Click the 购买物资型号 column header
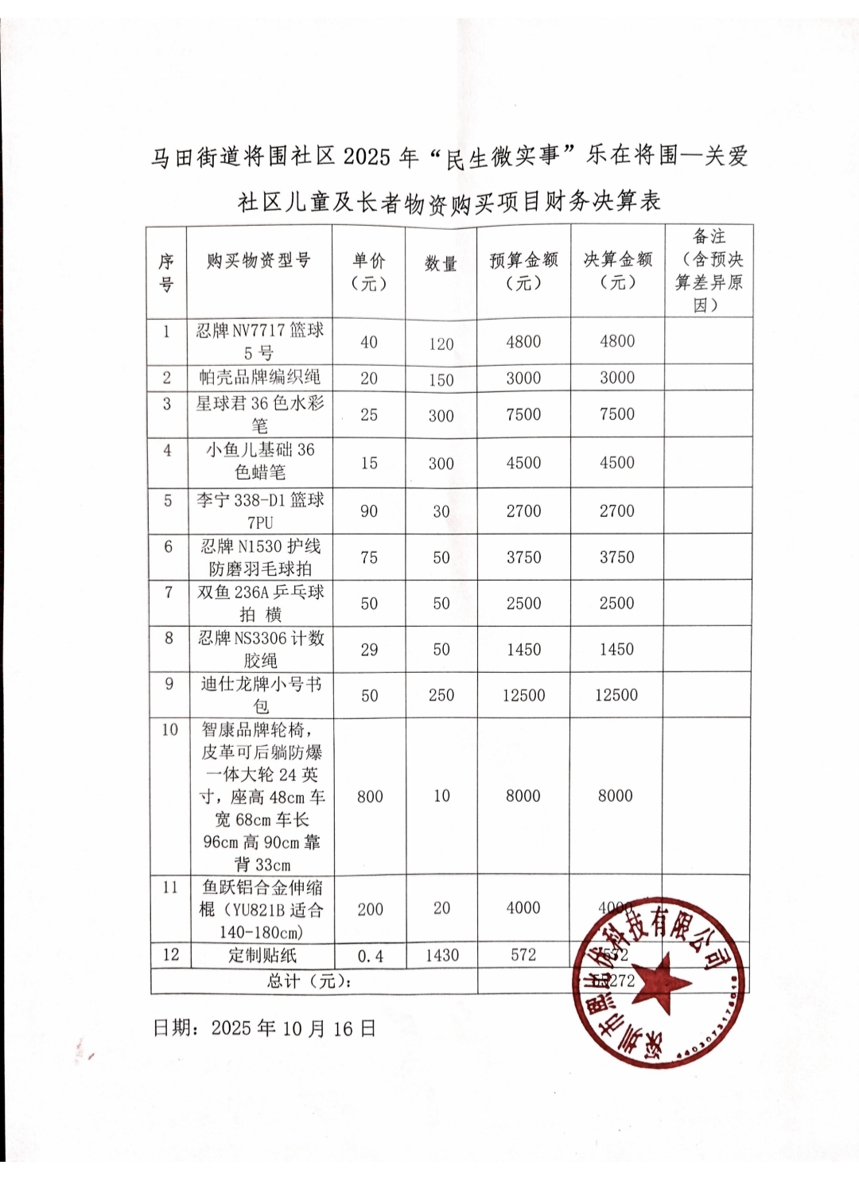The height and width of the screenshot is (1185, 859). [x=258, y=261]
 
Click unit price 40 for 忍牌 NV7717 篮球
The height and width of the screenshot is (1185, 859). [x=369, y=343]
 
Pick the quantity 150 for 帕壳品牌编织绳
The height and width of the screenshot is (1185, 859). [x=441, y=379]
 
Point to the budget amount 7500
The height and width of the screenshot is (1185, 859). [x=523, y=414]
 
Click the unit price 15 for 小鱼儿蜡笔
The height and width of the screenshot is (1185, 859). [x=369, y=463]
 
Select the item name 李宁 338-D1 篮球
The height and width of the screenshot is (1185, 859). [x=260, y=511]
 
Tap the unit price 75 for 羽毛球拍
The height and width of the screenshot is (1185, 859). [x=369, y=558]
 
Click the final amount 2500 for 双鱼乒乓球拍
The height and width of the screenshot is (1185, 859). [x=616, y=604]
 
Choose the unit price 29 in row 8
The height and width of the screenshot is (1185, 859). [x=369, y=650]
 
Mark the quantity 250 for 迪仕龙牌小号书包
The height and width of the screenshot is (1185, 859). [x=441, y=695]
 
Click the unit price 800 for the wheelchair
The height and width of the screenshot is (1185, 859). [x=370, y=797]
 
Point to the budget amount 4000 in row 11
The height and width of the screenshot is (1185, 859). [x=523, y=908]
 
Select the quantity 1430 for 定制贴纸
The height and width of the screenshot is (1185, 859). [x=442, y=955]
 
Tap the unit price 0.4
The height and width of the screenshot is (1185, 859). [x=370, y=956]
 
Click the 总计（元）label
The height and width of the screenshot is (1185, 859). [x=310, y=981]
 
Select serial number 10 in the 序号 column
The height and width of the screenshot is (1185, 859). [x=170, y=729]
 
